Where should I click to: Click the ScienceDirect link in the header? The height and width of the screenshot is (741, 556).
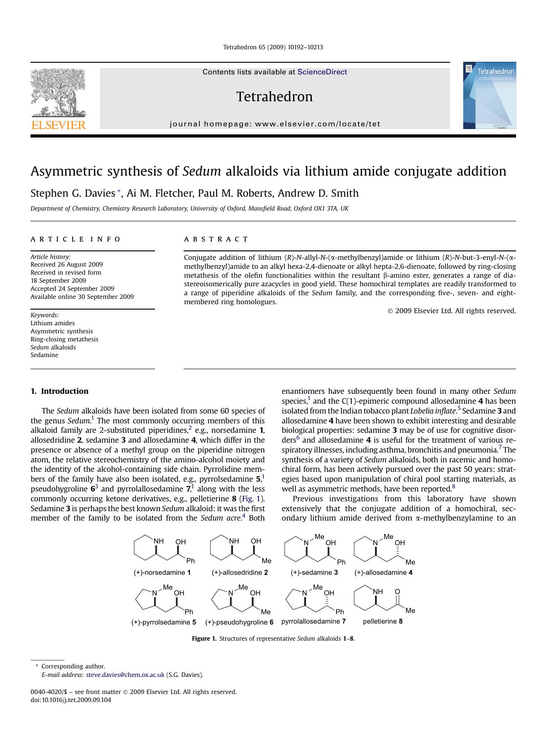click(322, 72)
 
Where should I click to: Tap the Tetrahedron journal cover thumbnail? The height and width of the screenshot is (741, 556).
click(489, 96)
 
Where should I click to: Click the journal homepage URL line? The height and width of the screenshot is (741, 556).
click(275, 124)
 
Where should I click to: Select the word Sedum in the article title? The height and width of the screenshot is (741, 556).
click(202, 171)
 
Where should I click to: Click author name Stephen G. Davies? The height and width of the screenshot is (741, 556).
click(73, 193)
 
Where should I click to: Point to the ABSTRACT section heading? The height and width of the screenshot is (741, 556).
click(216, 239)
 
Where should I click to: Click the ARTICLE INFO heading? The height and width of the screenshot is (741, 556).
click(75, 239)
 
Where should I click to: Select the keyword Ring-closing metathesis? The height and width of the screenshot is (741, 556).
click(64, 339)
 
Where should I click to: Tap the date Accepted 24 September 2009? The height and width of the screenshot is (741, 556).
click(72, 289)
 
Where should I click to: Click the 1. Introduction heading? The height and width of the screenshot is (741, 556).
click(59, 391)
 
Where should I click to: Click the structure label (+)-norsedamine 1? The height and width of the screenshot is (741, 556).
click(162, 573)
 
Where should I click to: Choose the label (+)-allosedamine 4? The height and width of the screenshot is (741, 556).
click(383, 573)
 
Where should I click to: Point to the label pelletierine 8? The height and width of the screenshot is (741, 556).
click(382, 621)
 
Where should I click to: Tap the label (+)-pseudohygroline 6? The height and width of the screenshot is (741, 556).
click(239, 622)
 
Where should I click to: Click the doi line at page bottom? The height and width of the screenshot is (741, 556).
click(71, 700)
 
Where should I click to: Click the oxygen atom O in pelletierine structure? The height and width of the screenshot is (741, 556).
click(397, 592)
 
